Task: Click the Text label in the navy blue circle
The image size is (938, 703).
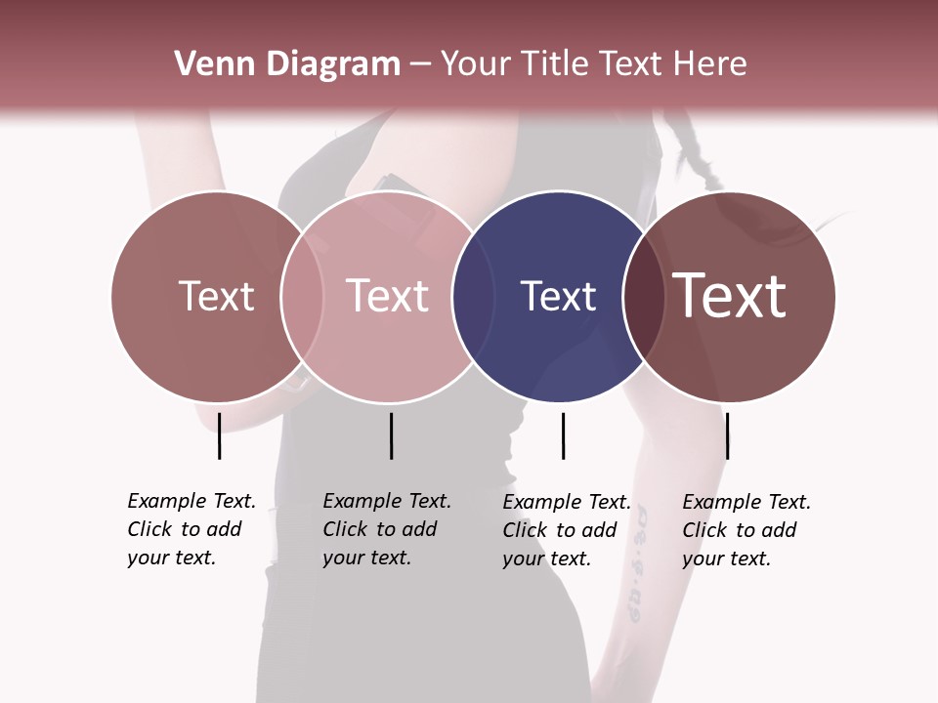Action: pyautogui.click(x=558, y=297)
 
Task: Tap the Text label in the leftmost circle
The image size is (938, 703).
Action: pyautogui.click(x=216, y=297)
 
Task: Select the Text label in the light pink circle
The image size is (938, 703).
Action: pyautogui.click(x=387, y=297)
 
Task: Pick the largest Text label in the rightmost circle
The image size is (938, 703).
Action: pyautogui.click(x=730, y=297)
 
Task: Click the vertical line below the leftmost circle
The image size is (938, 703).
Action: pyautogui.click(x=219, y=435)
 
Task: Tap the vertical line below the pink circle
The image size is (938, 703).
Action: pyautogui.click(x=391, y=435)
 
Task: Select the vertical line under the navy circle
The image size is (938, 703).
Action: pyautogui.click(x=563, y=435)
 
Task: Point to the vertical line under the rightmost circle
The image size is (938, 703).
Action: pyautogui.click(x=727, y=435)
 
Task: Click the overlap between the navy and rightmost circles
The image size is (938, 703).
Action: pyautogui.click(x=641, y=297)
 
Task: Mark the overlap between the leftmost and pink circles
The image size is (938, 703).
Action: pyautogui.click(x=302, y=297)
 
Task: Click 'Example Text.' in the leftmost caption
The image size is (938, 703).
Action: pyautogui.click(x=192, y=501)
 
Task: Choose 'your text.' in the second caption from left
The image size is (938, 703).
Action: pyautogui.click(x=366, y=558)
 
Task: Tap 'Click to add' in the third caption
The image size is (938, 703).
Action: pyautogui.click(x=560, y=530)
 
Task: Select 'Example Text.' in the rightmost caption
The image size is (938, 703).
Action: pyautogui.click(x=746, y=502)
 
